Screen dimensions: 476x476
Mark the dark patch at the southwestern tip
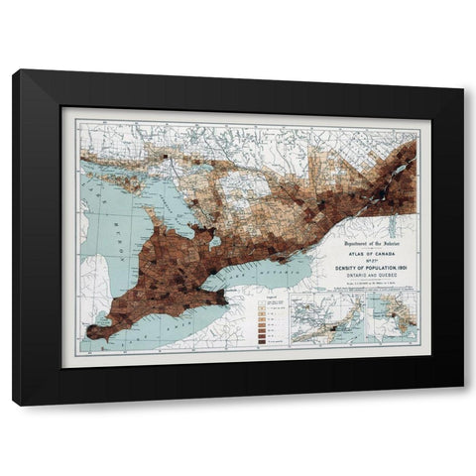tap(95, 330)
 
